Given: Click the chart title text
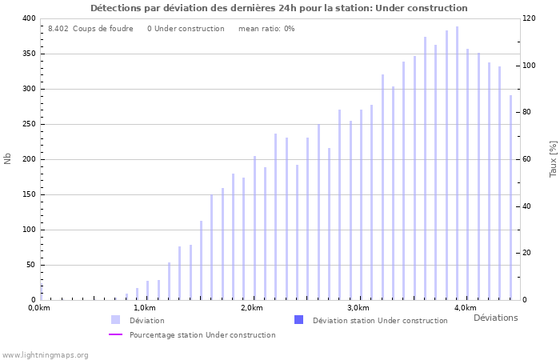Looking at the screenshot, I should (279, 8).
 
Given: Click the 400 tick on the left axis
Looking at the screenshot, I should (28, 18).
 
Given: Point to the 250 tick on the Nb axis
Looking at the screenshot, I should (28, 124).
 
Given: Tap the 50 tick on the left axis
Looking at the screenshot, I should (30, 265).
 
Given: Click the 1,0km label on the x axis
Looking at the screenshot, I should (144, 308).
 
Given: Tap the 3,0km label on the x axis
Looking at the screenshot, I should (358, 308).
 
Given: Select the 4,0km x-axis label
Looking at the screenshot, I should (465, 308).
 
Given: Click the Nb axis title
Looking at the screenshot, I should (8, 158).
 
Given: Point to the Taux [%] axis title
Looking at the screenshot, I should (553, 158).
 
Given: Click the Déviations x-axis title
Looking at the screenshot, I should (495, 318).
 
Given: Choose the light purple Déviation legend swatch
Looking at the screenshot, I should (116, 320).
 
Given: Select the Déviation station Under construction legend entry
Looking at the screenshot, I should (380, 321).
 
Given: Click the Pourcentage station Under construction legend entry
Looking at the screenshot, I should (202, 335).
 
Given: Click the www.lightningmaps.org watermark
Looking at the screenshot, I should (46, 354).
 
